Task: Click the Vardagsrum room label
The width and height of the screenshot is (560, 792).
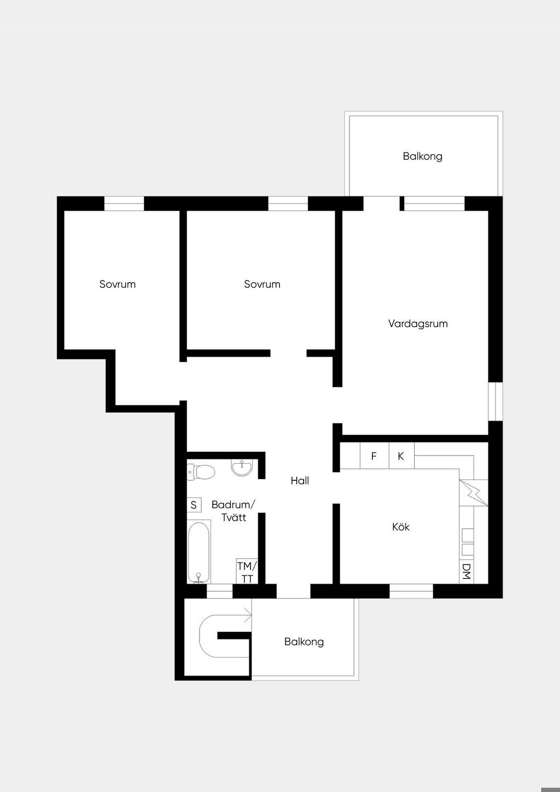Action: pos(418,324)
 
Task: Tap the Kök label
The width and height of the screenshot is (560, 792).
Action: pos(400,527)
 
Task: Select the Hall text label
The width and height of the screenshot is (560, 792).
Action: pos(300,480)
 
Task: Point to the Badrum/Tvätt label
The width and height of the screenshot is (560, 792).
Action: pos(233,511)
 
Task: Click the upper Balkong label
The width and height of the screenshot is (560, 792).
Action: pos(423,156)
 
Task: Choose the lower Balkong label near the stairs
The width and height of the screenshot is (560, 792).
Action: pos(304,642)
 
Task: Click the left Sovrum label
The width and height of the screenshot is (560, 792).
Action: pos(118,284)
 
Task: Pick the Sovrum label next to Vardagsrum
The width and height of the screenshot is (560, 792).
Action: pos(262,284)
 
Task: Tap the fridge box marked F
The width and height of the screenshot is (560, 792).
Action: pos(375,456)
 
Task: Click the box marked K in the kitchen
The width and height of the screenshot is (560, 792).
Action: pos(401,456)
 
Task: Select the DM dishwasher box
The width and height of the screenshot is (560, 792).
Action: pos(466,572)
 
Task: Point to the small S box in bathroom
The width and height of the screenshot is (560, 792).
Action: pos(194,505)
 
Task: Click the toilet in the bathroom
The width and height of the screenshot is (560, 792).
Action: pos(201,471)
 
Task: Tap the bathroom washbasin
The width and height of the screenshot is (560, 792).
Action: pos(242,468)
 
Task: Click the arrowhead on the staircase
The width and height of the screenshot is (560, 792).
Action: pos(249,618)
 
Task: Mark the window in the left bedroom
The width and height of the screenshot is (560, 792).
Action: pos(124,204)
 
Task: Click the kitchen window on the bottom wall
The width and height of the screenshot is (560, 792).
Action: pos(411,591)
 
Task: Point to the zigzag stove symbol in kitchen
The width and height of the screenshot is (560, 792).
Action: pos(474,492)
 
